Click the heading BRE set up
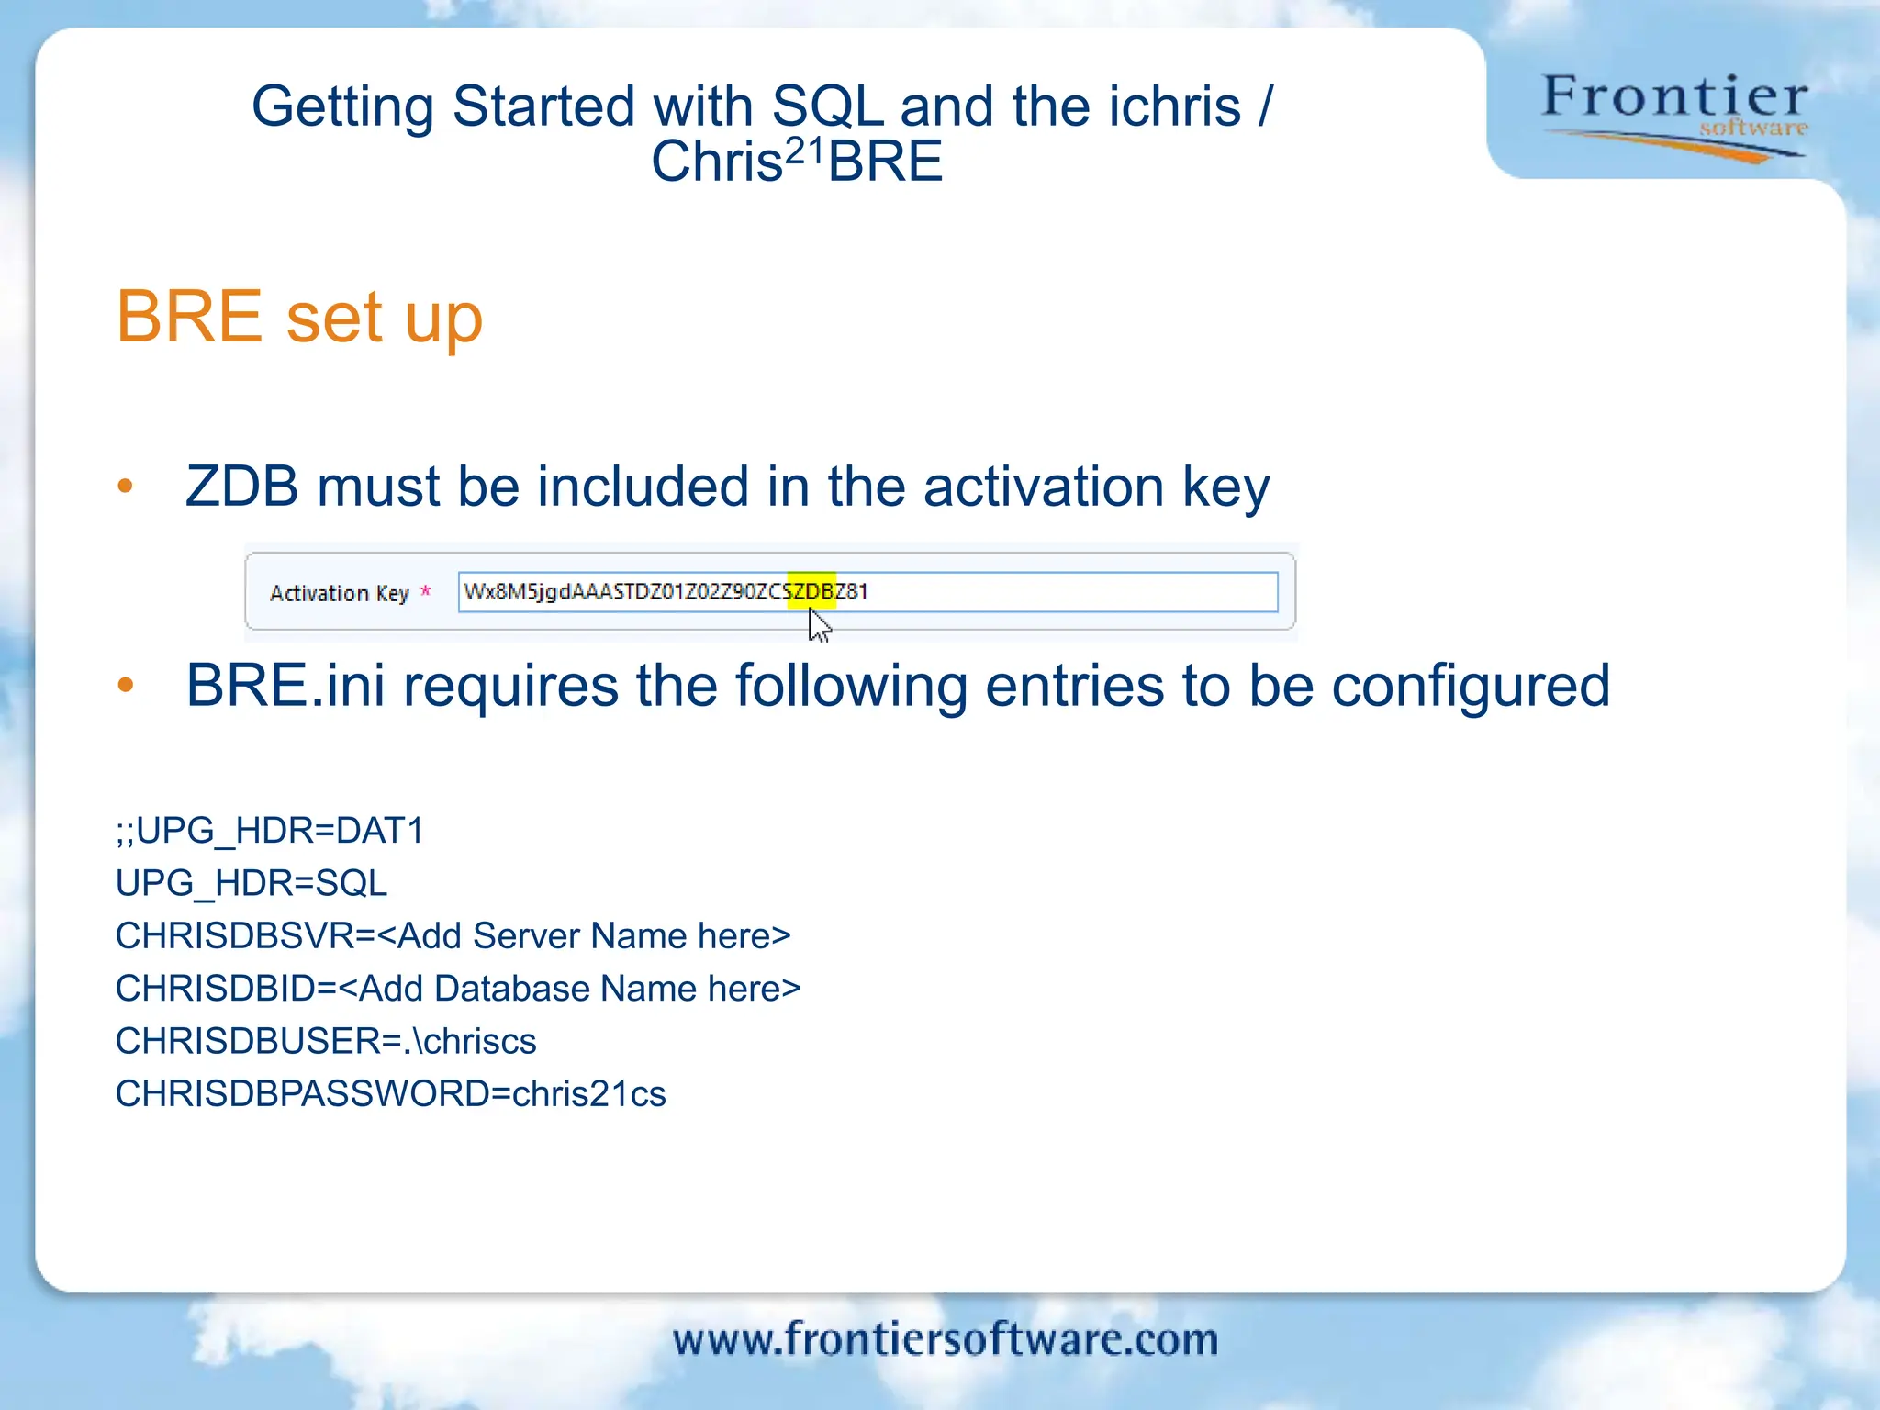tap(299, 318)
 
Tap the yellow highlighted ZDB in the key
tap(812, 591)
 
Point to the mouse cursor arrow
tap(819, 626)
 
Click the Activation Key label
tap(339, 593)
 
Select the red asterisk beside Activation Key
tap(425, 592)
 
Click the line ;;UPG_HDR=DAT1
tap(269, 831)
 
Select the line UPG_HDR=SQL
tap(251, 883)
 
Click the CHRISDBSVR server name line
tap(453, 936)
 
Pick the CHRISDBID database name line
tap(458, 989)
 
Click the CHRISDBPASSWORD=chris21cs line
tap(390, 1094)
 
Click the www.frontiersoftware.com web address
tap(946, 1339)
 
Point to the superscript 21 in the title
tap(806, 149)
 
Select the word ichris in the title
tap(1174, 106)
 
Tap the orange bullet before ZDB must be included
tap(126, 486)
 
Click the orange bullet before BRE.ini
tap(126, 685)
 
